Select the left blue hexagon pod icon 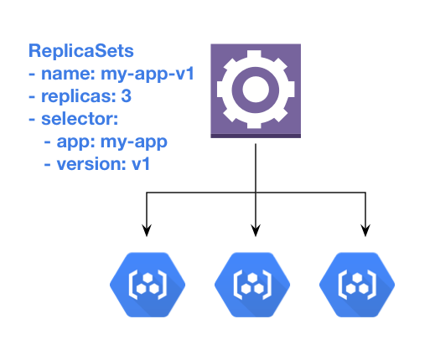coord(147,282)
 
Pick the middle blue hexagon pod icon coord(254,282)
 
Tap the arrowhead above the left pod coord(148,229)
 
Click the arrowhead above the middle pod coord(256,229)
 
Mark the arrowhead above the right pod coord(365,229)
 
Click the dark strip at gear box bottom coord(256,135)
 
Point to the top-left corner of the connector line coord(148,194)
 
